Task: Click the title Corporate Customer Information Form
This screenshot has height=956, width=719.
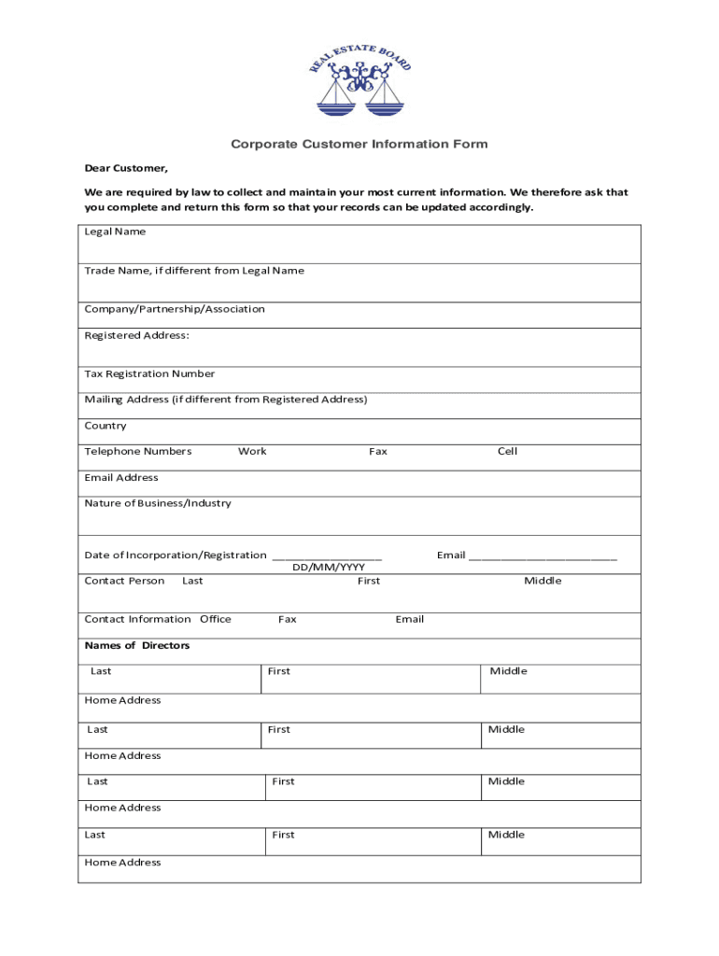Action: pyautogui.click(x=359, y=145)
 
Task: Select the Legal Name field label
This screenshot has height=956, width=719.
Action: pyautogui.click(x=115, y=232)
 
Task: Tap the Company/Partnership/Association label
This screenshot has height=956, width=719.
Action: pyautogui.click(x=175, y=309)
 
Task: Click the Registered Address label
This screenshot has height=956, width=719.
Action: pyautogui.click(x=136, y=335)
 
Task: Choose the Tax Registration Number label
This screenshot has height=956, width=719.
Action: pyautogui.click(x=149, y=373)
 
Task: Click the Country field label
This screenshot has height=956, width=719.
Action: pyautogui.click(x=105, y=426)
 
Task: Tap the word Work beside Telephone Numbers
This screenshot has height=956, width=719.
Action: pyautogui.click(x=252, y=452)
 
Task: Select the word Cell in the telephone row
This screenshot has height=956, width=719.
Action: pyautogui.click(x=507, y=452)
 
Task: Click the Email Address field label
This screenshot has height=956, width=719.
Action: pyautogui.click(x=121, y=478)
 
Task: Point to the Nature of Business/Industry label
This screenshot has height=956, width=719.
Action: pyautogui.click(x=158, y=503)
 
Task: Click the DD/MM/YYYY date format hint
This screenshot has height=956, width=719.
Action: pyautogui.click(x=329, y=567)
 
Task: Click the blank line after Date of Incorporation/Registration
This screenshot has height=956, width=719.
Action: pyautogui.click(x=327, y=557)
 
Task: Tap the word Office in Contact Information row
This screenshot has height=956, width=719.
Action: pyautogui.click(x=216, y=619)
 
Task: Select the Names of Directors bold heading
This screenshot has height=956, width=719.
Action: pyautogui.click(x=137, y=646)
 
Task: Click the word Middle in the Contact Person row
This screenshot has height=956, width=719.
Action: pyautogui.click(x=543, y=581)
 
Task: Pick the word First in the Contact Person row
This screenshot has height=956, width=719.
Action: pyautogui.click(x=369, y=581)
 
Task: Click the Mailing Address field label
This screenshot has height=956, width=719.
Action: pyautogui.click(x=226, y=400)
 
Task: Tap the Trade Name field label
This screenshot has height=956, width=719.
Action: pyautogui.click(x=194, y=271)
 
